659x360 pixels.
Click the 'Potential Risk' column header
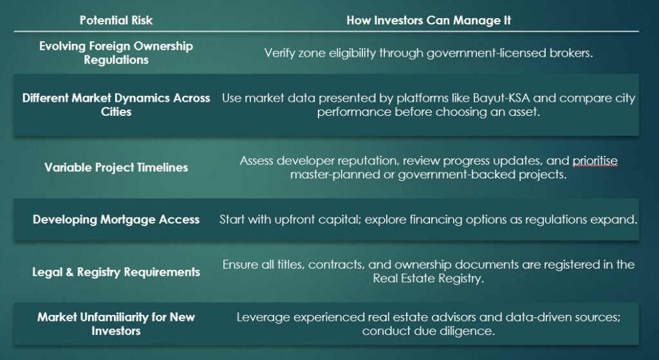coord(116,20)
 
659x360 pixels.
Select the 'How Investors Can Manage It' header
coord(429,20)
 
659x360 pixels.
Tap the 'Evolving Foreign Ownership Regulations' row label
coord(116,53)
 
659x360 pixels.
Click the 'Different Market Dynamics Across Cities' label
coord(116,105)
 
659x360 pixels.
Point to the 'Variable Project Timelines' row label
coord(116,167)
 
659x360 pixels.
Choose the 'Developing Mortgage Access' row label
coord(116,220)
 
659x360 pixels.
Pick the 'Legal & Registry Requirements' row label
coord(116,272)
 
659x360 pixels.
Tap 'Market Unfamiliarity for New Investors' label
coord(116,324)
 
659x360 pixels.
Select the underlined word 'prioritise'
coord(594,160)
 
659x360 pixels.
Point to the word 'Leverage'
coord(260,317)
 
